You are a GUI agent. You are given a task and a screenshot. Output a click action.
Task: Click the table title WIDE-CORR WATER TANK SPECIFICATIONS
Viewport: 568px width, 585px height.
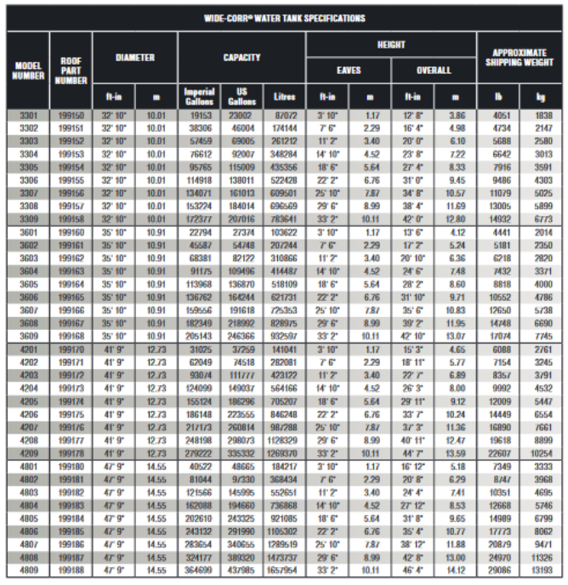(284, 18)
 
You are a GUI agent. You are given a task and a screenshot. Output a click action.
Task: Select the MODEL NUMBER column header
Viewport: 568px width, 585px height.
(28, 71)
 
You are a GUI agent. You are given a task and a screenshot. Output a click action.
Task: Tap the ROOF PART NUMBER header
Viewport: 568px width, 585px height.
(71, 71)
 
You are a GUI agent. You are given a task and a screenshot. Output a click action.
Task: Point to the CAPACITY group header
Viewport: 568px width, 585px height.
(241, 58)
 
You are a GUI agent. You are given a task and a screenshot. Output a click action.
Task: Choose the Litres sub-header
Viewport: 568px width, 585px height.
(284, 96)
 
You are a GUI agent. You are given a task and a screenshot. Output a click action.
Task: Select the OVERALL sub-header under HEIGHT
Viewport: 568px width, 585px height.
(434, 71)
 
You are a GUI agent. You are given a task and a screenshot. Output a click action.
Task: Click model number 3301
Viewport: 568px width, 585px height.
(28, 115)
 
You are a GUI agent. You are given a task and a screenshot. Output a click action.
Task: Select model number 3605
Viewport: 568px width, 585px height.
(28, 283)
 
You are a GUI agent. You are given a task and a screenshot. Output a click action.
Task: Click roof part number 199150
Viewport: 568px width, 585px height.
(71, 115)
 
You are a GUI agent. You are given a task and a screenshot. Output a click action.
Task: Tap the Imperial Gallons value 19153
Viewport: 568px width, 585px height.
(199, 115)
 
